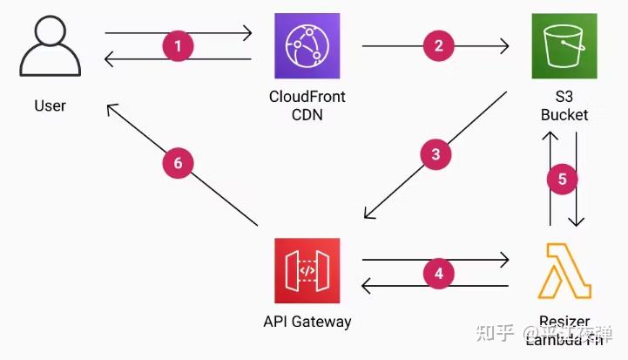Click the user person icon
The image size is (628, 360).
[50, 48]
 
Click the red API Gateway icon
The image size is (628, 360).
[307, 270]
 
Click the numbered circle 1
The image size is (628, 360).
[179, 46]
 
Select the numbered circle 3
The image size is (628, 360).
[436, 155]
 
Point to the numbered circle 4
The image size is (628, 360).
[438, 273]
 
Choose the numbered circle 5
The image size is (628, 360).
[562, 179]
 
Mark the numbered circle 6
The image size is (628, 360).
[178, 163]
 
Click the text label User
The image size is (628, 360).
[50, 105]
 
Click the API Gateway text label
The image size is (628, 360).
[307, 321]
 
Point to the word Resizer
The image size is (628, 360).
[564, 322]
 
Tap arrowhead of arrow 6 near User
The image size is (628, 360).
[111, 108]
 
